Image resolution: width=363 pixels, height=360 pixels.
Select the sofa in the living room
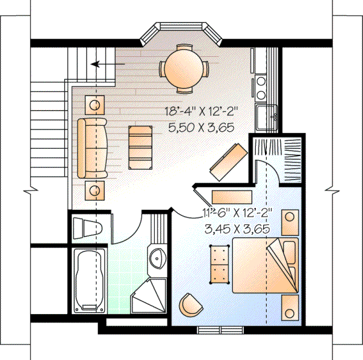pos(92,147)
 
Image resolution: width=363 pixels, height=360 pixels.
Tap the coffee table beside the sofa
pos(140,145)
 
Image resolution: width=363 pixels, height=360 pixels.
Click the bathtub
pos(90,280)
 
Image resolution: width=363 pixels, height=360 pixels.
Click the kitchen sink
pos(266,116)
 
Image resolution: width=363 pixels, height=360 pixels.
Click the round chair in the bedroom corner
pos(191,305)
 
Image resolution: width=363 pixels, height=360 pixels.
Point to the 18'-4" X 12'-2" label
pos(200,111)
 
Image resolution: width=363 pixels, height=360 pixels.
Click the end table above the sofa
pos(95,105)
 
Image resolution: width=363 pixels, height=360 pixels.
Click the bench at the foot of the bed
pos(218,263)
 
